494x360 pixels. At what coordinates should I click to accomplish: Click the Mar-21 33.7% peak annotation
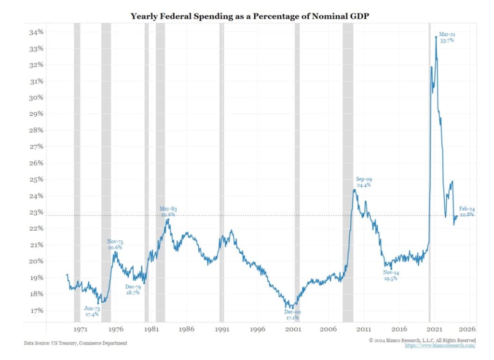click(446, 38)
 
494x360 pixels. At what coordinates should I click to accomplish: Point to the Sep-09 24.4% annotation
click(364, 182)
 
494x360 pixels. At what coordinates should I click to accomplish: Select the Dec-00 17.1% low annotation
click(291, 315)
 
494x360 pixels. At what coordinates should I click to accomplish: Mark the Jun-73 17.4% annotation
click(92, 311)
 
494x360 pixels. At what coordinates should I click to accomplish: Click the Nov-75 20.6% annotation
click(114, 244)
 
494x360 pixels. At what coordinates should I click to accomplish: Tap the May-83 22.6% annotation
click(168, 211)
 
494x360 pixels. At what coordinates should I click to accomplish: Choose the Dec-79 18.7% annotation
click(133, 290)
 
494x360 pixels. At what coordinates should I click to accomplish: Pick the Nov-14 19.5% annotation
click(391, 276)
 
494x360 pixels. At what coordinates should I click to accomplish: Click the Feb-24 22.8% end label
click(467, 211)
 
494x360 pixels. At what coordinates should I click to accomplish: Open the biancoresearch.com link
click(440, 346)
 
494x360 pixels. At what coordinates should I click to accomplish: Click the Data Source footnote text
click(76, 343)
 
